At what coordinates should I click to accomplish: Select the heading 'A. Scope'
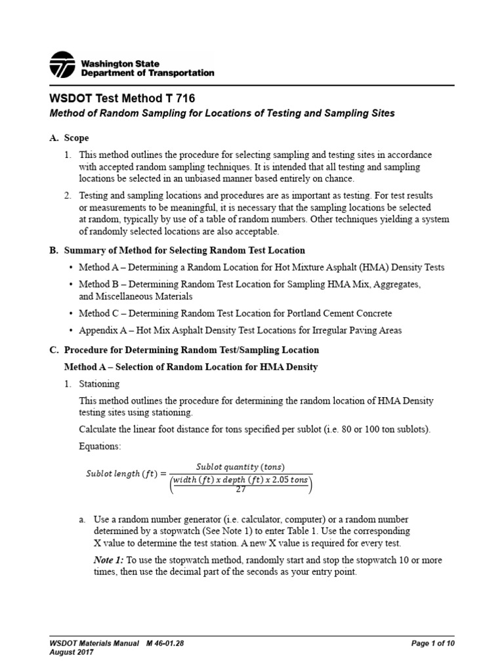[x=69, y=138]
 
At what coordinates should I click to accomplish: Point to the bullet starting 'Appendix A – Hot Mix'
[x=249, y=330]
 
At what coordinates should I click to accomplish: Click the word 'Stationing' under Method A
[x=99, y=384]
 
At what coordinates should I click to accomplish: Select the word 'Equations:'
[x=99, y=446]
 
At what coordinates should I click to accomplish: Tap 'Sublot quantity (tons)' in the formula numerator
[x=240, y=467]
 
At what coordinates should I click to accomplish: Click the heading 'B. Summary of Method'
[x=177, y=250]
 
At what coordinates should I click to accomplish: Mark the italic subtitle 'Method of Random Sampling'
[x=222, y=113]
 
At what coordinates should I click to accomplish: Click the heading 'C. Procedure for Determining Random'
[x=184, y=350]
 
